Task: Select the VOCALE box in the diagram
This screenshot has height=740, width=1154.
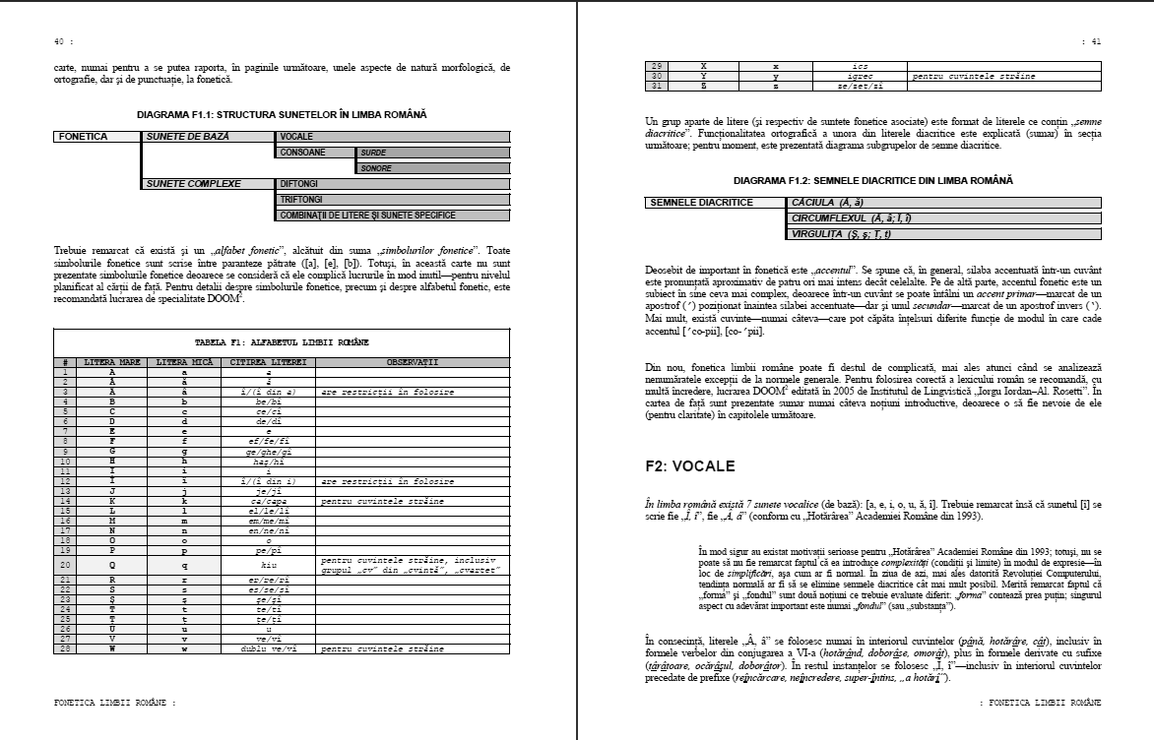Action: tap(393, 137)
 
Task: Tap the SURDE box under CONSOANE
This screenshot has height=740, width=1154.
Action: tap(432, 153)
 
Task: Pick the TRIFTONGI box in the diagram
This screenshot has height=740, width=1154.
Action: tap(393, 200)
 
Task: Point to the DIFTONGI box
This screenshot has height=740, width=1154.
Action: tap(393, 184)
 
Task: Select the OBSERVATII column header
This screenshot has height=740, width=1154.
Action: tap(413, 362)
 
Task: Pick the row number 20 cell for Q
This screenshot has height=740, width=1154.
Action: tap(65, 565)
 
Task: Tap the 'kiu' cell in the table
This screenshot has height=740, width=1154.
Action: tap(262, 565)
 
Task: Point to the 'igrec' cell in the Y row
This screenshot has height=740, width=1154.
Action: tap(860, 76)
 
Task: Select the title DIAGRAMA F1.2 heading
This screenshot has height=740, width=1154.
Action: tap(873, 181)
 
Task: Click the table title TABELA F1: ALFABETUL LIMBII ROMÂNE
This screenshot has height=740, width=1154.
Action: tap(282, 341)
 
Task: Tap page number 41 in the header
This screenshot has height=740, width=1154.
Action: tap(1094, 42)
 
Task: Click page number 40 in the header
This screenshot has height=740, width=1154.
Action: tap(58, 42)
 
